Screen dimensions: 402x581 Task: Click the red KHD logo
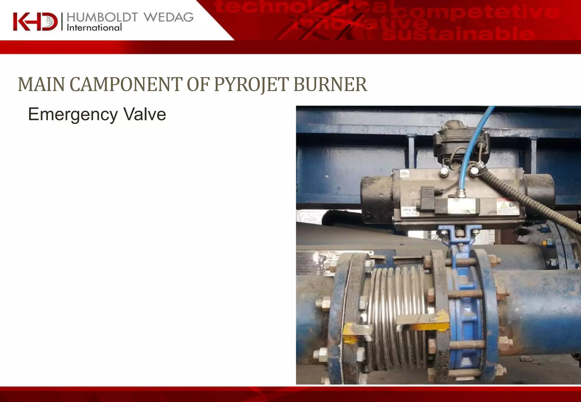click(35, 22)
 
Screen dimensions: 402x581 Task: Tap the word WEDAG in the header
click(169, 18)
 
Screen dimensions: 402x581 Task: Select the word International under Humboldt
click(94, 28)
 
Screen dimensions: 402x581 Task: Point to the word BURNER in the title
click(330, 84)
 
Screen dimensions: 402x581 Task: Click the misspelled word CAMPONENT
click(126, 84)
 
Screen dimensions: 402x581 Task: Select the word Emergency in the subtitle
click(73, 115)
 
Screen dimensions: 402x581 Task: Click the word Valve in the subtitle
click(145, 114)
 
